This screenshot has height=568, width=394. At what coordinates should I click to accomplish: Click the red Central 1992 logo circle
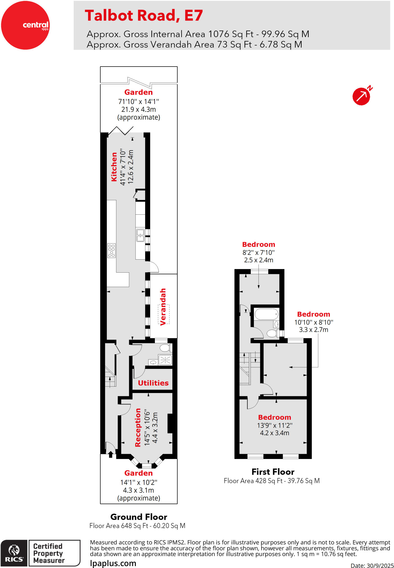coord(25,25)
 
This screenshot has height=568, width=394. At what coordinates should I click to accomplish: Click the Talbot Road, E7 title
coord(144,15)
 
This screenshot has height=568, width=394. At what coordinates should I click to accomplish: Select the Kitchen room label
coord(114,167)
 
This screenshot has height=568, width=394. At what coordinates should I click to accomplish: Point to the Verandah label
coord(163,306)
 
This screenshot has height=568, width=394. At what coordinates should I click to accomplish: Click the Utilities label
coord(153,383)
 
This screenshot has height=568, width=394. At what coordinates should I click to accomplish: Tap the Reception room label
coord(138,427)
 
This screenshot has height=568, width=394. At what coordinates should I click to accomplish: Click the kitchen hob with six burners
coord(111,251)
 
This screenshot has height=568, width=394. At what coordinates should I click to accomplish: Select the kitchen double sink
coord(140,235)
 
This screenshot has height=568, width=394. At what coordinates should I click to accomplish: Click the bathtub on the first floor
coord(266,314)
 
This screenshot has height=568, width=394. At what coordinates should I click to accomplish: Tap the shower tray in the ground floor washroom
coord(165,360)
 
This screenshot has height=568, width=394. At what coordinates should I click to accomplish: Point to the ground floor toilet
coord(165,348)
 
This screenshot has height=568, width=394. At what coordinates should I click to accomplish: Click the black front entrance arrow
coord(111,454)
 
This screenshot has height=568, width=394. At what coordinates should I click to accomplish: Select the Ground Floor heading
coord(139,517)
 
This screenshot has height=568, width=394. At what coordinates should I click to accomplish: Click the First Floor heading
coord(273,472)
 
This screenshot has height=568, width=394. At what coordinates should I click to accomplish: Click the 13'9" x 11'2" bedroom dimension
coord(275,425)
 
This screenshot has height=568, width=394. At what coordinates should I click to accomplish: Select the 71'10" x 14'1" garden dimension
coord(139,102)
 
